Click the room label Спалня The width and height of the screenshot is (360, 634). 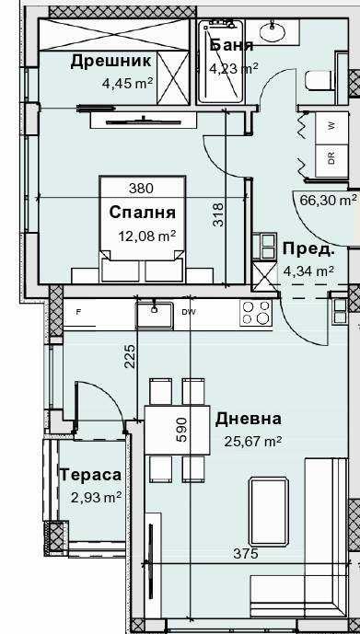tap(142, 213)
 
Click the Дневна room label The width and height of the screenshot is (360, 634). tap(249, 419)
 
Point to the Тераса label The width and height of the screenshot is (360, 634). tap(90, 475)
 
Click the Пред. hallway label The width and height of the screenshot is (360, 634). tap(308, 248)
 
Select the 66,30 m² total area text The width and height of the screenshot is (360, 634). tap(328, 199)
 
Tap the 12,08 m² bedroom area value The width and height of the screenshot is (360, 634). tap(148, 236)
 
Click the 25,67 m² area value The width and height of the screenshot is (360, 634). tap(252, 441)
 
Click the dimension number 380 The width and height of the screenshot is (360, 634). tap(141, 188)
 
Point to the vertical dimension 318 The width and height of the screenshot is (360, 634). tap(218, 213)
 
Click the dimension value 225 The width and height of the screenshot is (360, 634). tap(130, 355)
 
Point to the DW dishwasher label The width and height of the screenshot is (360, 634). tap(189, 313)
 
